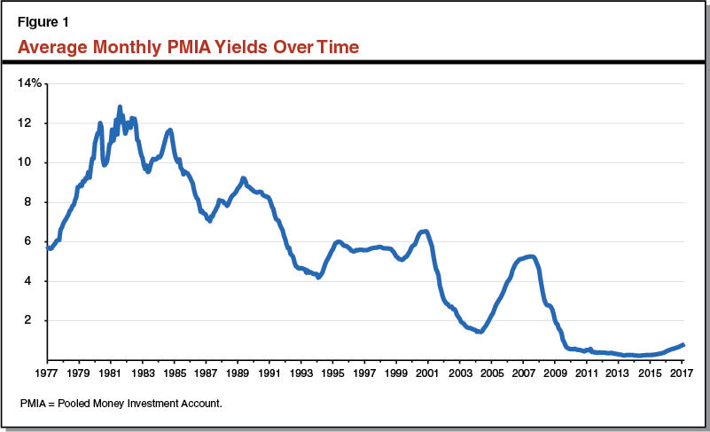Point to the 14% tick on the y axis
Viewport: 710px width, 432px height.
coord(28,83)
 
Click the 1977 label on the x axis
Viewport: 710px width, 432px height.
coord(47,373)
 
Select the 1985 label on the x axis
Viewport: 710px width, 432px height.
coord(174,373)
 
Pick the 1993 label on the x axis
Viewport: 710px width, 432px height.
coord(300,373)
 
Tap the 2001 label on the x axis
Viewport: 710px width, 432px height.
coord(427,373)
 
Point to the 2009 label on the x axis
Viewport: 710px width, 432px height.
coord(554,373)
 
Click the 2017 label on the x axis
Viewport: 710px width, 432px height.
coord(681,373)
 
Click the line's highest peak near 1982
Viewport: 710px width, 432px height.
coord(120,106)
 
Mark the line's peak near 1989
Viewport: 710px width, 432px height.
coord(243,178)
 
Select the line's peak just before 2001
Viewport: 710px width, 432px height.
coord(425,232)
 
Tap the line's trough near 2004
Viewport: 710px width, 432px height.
coord(480,332)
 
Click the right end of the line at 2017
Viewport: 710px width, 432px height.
coord(683,345)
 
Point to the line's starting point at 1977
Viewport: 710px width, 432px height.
coord(48,248)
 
